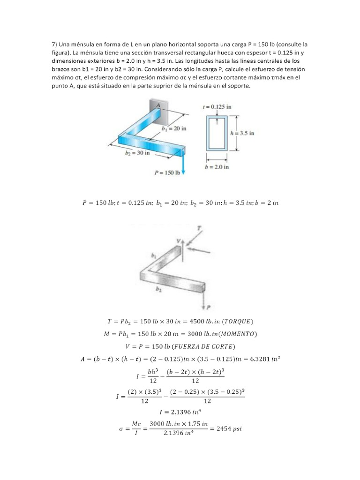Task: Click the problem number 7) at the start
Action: (x=55, y=45)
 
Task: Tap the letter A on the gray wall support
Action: (x=158, y=106)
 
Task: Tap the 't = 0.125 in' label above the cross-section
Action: (x=217, y=106)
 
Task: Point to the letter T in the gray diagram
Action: (x=200, y=228)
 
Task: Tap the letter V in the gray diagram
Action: (x=178, y=241)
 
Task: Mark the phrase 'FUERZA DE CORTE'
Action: (x=210, y=346)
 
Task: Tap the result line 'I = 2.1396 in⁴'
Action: (x=180, y=412)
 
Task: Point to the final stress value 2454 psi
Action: (x=228, y=428)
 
